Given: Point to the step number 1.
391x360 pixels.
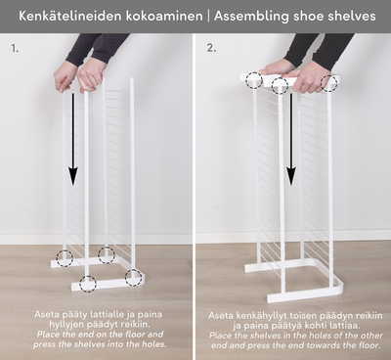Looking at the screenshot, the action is [x=15, y=48].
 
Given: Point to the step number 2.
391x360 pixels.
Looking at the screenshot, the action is [x=211, y=48].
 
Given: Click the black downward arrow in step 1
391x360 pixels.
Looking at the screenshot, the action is [x=73, y=139].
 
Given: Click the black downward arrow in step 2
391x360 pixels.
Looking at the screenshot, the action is [x=291, y=139].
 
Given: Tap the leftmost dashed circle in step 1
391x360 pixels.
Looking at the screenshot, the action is [x=65, y=258].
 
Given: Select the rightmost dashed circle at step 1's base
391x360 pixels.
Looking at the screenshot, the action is [x=134, y=278].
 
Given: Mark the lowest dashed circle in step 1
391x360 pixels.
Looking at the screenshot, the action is [x=88, y=284].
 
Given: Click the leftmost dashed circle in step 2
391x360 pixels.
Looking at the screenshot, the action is [x=254, y=80].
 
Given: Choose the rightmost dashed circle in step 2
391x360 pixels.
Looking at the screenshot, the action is [x=329, y=83].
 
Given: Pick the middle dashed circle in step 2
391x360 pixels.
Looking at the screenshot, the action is [x=280, y=86].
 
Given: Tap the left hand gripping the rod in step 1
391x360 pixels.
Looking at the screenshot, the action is [x=65, y=76].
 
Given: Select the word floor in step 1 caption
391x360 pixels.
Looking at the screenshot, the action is [x=134, y=335].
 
